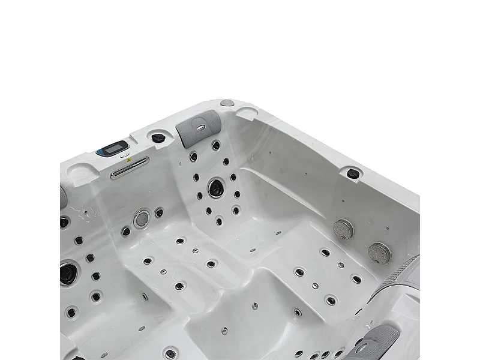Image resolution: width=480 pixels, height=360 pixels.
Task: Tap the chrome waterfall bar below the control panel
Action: [x=129, y=167]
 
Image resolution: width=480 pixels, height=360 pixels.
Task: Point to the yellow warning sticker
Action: [x=124, y=155]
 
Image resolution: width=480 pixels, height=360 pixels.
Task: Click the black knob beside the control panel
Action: [x=158, y=138]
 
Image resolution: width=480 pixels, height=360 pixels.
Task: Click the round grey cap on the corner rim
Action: [x=227, y=103]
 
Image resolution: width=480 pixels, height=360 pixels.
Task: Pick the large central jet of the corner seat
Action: [x=215, y=188]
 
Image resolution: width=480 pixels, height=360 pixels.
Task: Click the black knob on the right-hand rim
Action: [x=353, y=174]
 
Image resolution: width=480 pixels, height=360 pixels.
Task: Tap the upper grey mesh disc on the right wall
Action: [x=343, y=229]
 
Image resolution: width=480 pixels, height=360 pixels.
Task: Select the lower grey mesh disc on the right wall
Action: [x=379, y=253]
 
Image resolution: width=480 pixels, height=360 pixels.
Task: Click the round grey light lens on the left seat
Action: [x=142, y=218]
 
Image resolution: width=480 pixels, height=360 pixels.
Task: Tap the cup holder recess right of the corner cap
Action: [x=247, y=112]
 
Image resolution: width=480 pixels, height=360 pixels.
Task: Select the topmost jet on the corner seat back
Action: [x=215, y=145]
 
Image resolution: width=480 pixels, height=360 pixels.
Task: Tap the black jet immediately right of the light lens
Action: [x=159, y=212]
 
